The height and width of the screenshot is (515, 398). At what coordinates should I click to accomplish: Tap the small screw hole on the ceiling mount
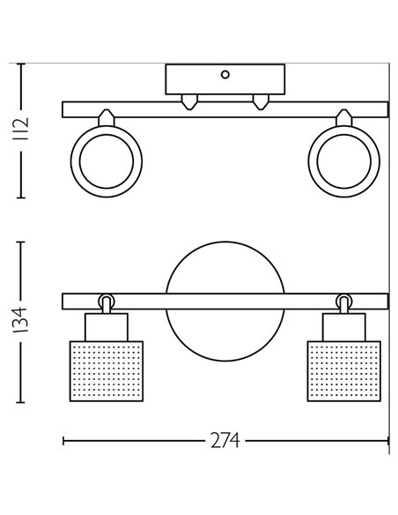pos(225,75)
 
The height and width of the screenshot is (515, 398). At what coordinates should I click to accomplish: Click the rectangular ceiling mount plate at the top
pos(225,81)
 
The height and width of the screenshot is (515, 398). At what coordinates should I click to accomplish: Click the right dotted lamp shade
pos(343,370)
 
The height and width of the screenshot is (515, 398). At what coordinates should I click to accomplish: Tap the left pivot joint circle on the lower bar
pos(107,301)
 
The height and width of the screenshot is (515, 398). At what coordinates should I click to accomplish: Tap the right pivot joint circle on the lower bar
pos(343,301)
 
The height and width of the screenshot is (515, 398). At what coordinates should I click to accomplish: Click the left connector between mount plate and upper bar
pos(188,100)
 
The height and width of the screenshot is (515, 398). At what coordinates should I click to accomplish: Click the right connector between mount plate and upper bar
pos(261,100)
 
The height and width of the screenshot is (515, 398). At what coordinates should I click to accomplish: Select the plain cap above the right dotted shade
pos(343,326)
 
